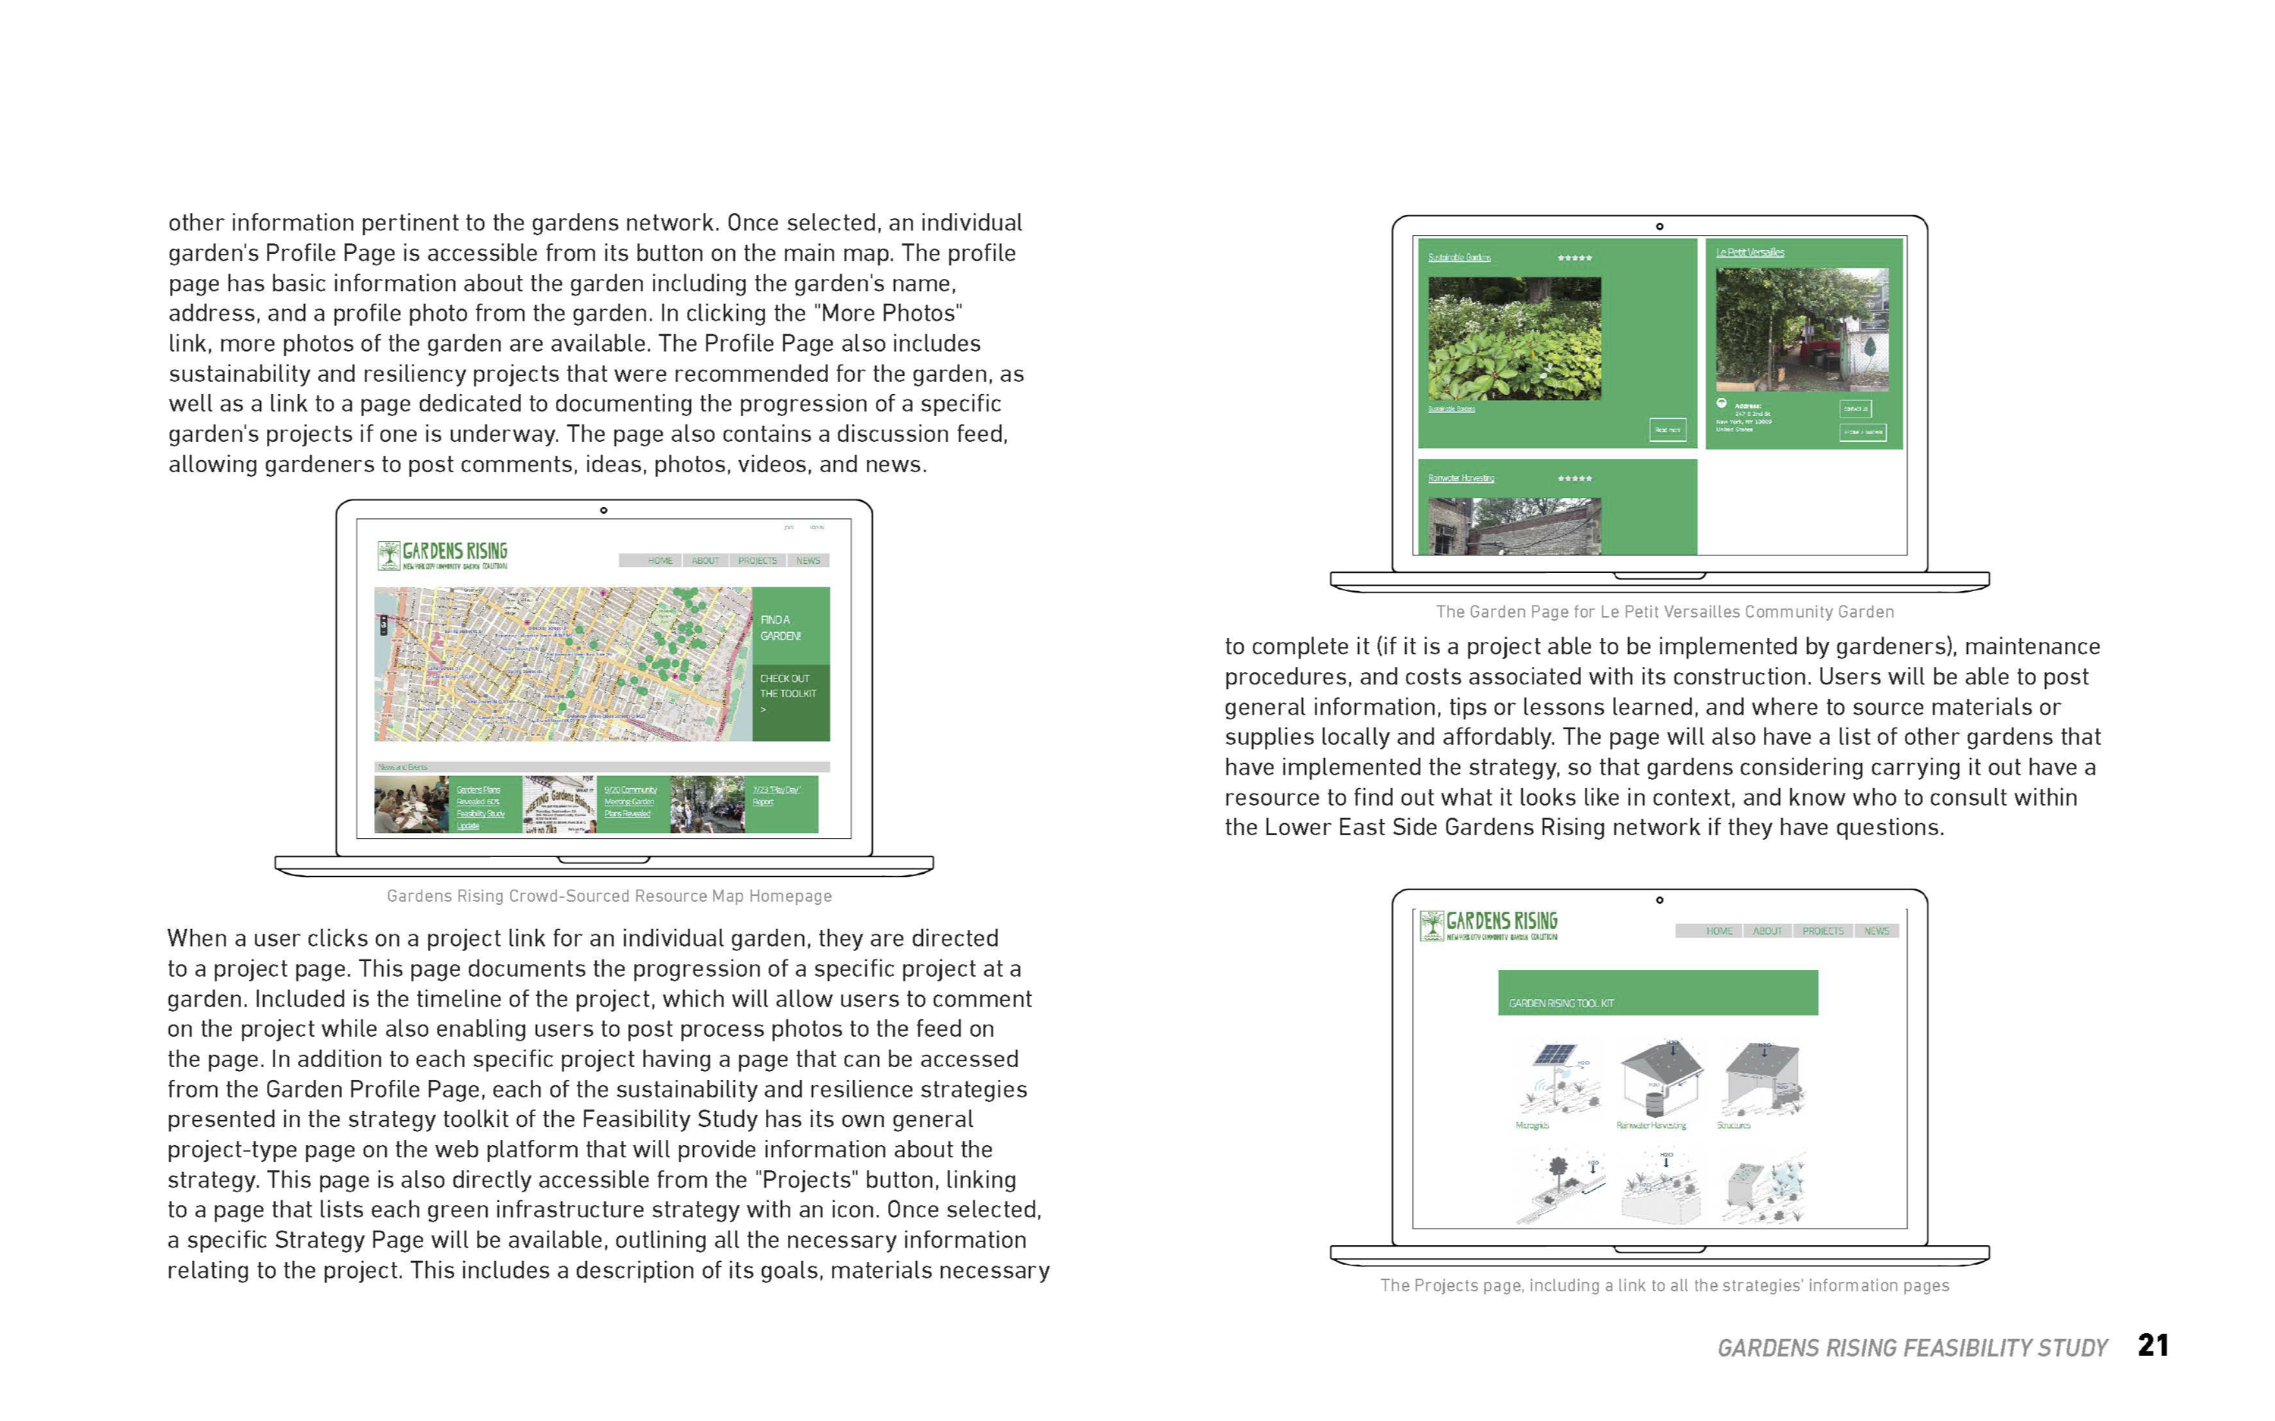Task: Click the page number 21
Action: (x=2152, y=1345)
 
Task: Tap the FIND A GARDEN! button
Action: (x=781, y=628)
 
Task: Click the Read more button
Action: (x=1667, y=430)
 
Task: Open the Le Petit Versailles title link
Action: (x=1749, y=252)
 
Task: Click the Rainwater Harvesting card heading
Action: (x=1461, y=478)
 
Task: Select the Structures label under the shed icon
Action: (x=1734, y=1125)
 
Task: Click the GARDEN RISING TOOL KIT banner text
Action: (x=1561, y=1003)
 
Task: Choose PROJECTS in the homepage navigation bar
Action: (x=757, y=561)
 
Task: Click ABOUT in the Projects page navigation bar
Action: (x=1768, y=931)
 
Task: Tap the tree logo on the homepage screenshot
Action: (x=388, y=555)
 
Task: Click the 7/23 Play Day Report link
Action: (x=774, y=795)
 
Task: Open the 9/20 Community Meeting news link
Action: (x=630, y=801)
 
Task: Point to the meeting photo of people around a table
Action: (x=411, y=805)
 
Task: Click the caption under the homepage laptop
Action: (x=609, y=896)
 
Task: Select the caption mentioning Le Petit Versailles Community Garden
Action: (x=1664, y=612)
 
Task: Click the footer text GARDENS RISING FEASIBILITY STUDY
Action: (x=1911, y=1347)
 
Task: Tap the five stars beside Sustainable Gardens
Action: (x=1574, y=258)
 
